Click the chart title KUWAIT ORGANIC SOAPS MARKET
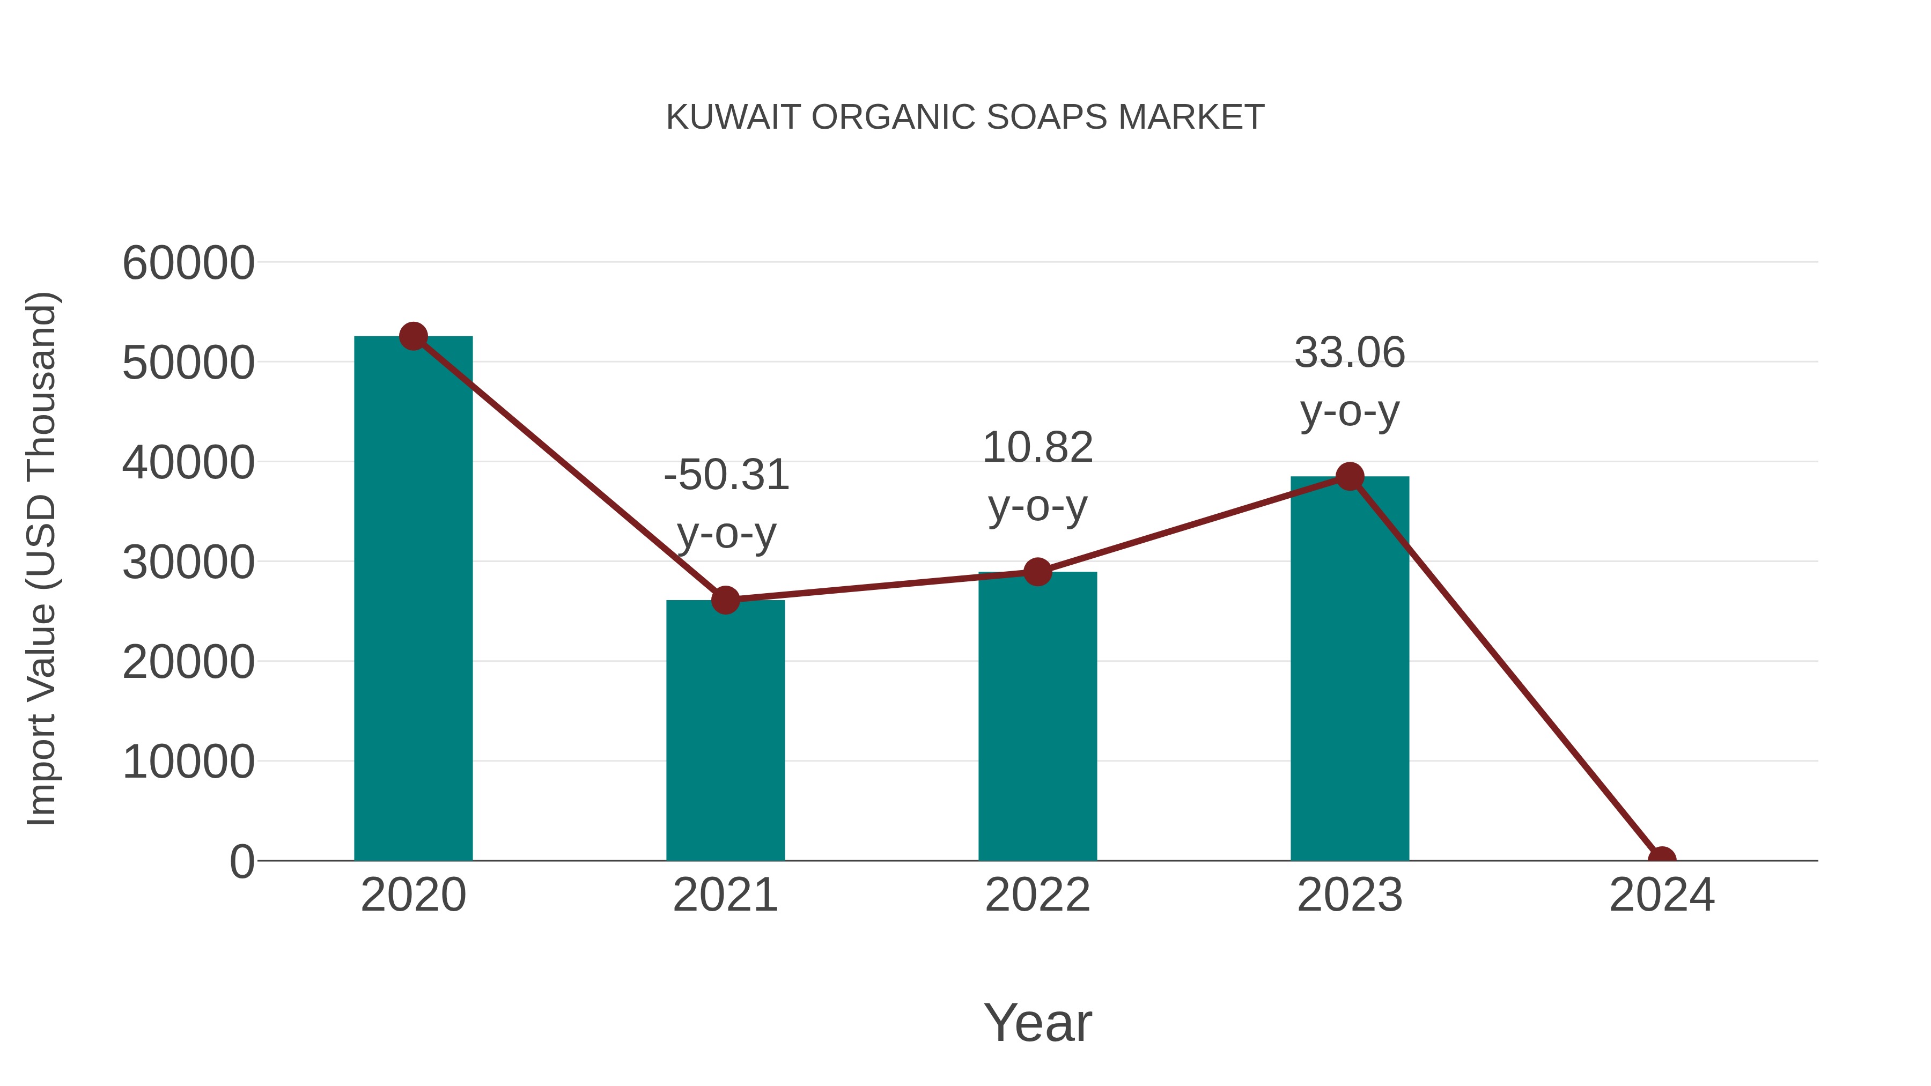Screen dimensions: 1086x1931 965,117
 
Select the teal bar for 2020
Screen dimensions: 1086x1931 413,600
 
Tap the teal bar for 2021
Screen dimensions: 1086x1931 725,731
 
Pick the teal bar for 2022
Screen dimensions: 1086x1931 1037,716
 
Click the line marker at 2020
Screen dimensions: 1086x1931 413,336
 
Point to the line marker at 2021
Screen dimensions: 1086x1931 725,600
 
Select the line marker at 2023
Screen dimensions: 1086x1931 1350,477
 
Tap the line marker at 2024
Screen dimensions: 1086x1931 1661,859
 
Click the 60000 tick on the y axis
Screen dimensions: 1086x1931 188,264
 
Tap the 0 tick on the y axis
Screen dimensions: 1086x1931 242,862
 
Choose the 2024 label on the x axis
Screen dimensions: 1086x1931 1661,895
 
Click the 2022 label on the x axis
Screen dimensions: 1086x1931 1037,895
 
